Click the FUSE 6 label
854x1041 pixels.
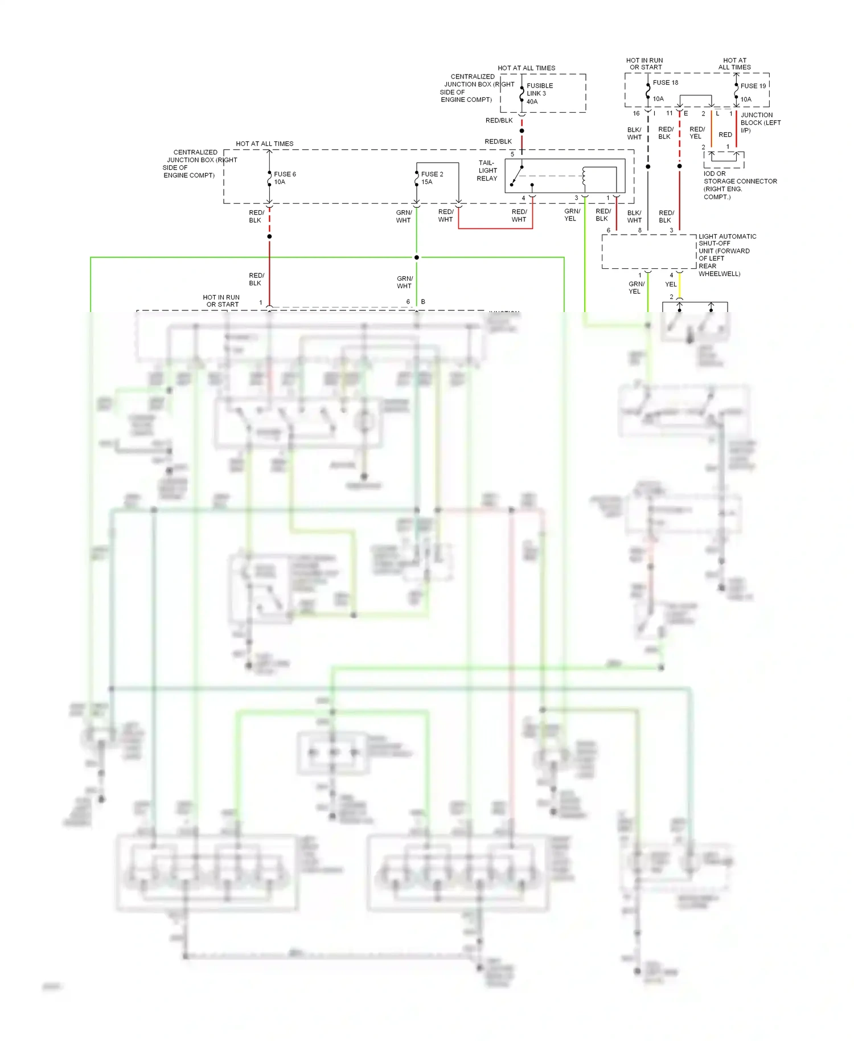pyautogui.click(x=285, y=174)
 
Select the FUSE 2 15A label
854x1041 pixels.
pyautogui.click(x=432, y=178)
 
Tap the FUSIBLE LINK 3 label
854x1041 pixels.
pyautogui.click(x=539, y=93)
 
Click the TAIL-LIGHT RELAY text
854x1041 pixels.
pyautogui.click(x=487, y=170)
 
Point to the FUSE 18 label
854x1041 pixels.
pyautogui.click(x=665, y=83)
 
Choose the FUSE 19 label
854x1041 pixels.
pyautogui.click(x=753, y=86)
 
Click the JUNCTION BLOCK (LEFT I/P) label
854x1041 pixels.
pyautogui.click(x=760, y=122)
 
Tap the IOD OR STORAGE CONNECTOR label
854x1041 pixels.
pyautogui.click(x=739, y=185)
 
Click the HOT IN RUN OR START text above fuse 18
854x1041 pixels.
pyautogui.click(x=645, y=64)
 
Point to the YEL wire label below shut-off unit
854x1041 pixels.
pyautogui.click(x=671, y=284)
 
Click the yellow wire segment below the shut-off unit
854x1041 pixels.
pyautogui.click(x=679, y=285)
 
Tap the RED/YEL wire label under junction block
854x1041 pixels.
pyautogui.click(x=696, y=133)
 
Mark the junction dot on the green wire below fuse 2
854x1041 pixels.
pyautogui.click(x=417, y=257)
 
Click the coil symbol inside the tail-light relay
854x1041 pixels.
pyautogui.click(x=584, y=178)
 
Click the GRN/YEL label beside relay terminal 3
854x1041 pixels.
pyautogui.click(x=572, y=215)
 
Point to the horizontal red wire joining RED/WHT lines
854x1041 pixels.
pyautogui.click(x=495, y=228)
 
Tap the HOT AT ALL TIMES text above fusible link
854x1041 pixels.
pyautogui.click(x=526, y=68)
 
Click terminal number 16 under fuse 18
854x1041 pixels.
pyautogui.click(x=636, y=113)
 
